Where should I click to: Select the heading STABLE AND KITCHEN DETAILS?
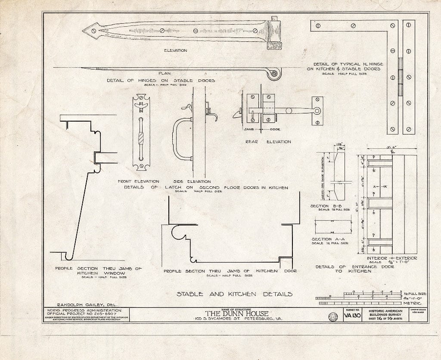(x=234, y=294)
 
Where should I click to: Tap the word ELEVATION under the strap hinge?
(x=175, y=50)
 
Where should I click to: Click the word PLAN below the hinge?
(x=165, y=73)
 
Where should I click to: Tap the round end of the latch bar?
(x=317, y=111)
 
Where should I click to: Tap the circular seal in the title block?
(x=333, y=316)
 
